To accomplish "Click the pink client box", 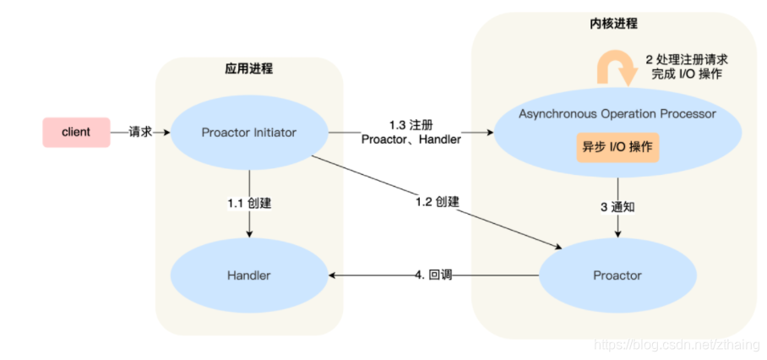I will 76,133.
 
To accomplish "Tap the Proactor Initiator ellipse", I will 249,133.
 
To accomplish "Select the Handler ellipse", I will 249,275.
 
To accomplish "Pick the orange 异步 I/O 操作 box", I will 617,147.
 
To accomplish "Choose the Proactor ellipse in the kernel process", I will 617,275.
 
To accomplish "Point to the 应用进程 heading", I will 249,68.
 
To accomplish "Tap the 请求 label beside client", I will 140,133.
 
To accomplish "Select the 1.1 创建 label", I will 249,204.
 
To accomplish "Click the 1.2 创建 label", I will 437,202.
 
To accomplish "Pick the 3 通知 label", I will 618,205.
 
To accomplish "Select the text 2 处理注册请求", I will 686,59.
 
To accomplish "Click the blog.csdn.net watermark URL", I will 677,345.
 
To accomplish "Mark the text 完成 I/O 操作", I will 686,74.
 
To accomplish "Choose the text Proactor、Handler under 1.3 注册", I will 411,139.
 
